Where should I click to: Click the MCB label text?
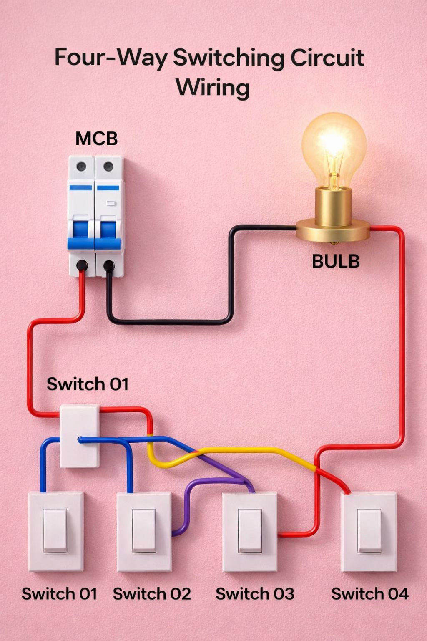(96, 139)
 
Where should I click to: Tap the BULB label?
(336, 261)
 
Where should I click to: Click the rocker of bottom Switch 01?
(55, 531)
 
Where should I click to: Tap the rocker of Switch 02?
(144, 531)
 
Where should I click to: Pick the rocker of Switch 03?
(250, 531)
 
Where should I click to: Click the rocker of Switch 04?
(369, 531)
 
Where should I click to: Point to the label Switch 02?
(152, 593)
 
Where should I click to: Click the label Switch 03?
(255, 593)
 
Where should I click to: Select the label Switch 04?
(370, 593)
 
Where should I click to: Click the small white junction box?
(80, 436)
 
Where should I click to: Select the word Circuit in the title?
(327, 58)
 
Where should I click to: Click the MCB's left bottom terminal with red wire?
(82, 265)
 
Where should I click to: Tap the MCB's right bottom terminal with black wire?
(109, 265)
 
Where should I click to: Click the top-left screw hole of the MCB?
(81, 166)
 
